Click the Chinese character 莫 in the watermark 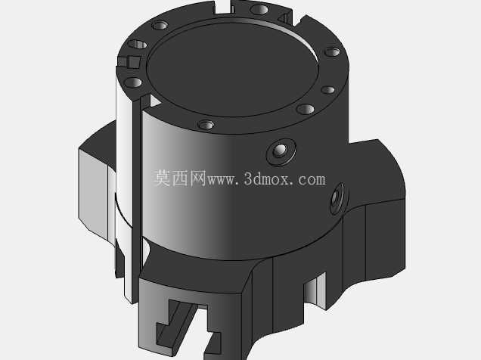163,178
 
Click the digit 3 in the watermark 248,178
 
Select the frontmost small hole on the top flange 206,125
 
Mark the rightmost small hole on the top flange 333,52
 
